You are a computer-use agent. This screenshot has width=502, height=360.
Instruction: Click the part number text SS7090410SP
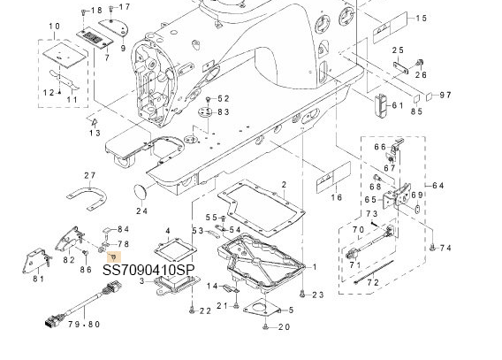(x=148, y=270)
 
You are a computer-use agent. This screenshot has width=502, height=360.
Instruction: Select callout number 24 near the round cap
(x=141, y=211)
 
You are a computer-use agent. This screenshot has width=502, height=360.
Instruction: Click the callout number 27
(x=90, y=176)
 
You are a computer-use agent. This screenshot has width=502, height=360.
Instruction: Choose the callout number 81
(x=38, y=279)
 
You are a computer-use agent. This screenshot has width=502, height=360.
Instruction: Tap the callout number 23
(x=317, y=294)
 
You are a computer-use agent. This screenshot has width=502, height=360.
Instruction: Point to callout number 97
(x=445, y=94)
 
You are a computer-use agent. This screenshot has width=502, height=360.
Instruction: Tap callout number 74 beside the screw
(x=445, y=248)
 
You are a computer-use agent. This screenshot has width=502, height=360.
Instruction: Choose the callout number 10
(x=55, y=27)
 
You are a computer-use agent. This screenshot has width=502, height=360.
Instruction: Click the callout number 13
(x=95, y=133)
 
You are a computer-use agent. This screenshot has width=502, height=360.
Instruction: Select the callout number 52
(x=223, y=98)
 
